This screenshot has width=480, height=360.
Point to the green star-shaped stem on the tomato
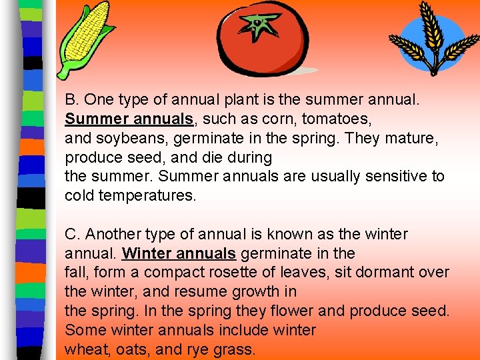[x=257, y=25]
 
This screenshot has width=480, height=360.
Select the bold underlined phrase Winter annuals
[x=179, y=253]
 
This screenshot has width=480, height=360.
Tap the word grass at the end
[x=236, y=349]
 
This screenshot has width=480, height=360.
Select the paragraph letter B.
[x=71, y=101]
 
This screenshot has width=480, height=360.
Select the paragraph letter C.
[x=71, y=235]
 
